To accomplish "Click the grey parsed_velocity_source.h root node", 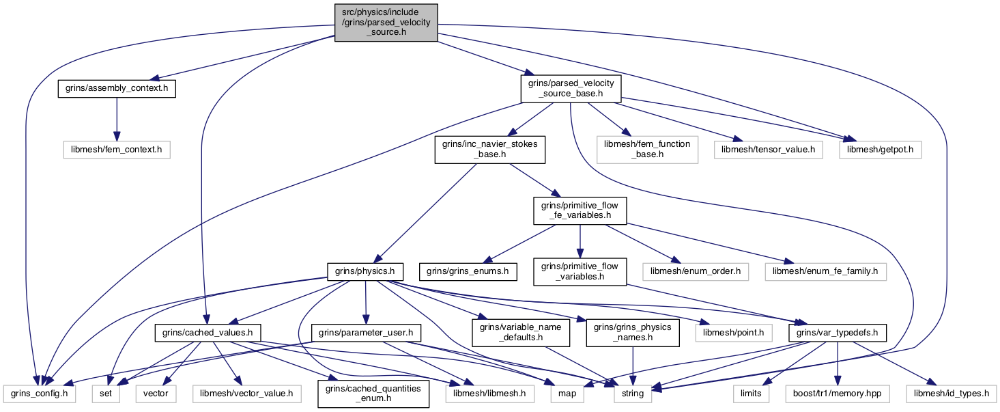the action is coord(386,23).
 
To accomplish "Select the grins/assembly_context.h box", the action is coord(117,88).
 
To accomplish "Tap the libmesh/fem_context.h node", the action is coord(117,150).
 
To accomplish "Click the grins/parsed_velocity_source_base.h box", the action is coord(571,88).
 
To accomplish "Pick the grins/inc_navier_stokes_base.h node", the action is coord(489,149).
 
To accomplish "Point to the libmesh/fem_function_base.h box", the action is coord(647,149).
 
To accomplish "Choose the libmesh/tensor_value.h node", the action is coord(769,150).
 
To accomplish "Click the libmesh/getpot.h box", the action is coord(881,150).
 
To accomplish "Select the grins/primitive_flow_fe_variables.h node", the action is coord(580,210).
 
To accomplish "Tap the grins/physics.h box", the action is coord(365,272).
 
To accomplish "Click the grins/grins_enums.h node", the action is coord(468,272).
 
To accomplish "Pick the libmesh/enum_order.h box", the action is coord(696,272).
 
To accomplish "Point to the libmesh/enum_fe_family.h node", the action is coord(825,272).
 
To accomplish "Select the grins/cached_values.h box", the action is coord(208,333).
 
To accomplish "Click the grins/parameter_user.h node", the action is coord(366,333).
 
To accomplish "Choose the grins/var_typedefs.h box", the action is coord(838,333).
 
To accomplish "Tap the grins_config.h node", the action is coord(40,394).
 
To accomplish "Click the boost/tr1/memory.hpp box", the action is coord(838,394).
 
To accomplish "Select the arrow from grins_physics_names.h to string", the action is coord(633,366).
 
